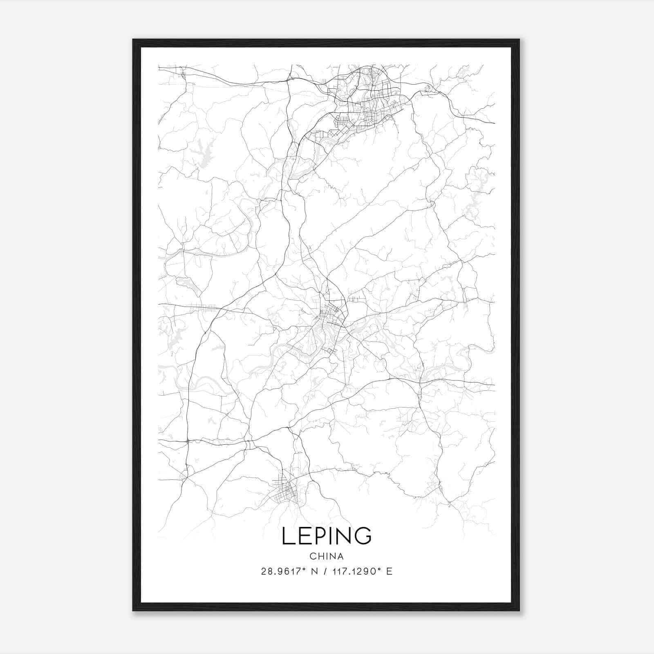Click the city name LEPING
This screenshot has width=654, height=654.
(x=327, y=536)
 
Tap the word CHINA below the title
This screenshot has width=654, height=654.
(x=327, y=556)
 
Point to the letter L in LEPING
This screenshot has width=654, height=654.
(x=287, y=536)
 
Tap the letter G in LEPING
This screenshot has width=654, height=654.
(x=363, y=536)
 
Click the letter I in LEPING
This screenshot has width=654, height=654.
(x=328, y=536)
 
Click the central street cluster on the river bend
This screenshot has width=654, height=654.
(x=329, y=323)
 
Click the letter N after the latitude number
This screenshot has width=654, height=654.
(x=315, y=571)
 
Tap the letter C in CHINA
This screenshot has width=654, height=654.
(x=313, y=556)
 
